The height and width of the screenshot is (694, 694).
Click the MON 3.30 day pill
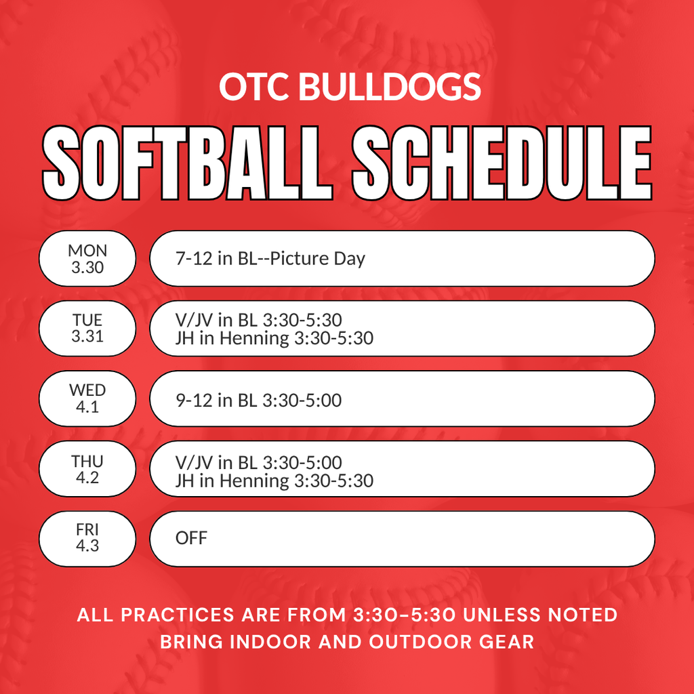coord(87,259)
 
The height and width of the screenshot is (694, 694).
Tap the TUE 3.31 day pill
coord(87,328)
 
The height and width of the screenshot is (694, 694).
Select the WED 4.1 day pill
coord(87,399)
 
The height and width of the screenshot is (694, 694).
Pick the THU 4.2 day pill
coord(87,469)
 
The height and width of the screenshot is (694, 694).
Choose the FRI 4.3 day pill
coord(87,538)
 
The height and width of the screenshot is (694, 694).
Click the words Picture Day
coord(318,259)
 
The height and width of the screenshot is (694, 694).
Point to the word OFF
coord(191,539)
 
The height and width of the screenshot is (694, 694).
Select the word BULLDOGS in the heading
coord(389,87)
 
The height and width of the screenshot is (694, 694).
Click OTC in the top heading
coord(253,87)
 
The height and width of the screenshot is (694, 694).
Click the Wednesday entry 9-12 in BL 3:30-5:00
coord(258,400)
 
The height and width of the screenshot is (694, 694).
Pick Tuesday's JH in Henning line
coord(274,338)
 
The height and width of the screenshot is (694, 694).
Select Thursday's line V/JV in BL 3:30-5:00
coord(258,463)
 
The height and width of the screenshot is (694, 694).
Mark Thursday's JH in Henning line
coord(274,481)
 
